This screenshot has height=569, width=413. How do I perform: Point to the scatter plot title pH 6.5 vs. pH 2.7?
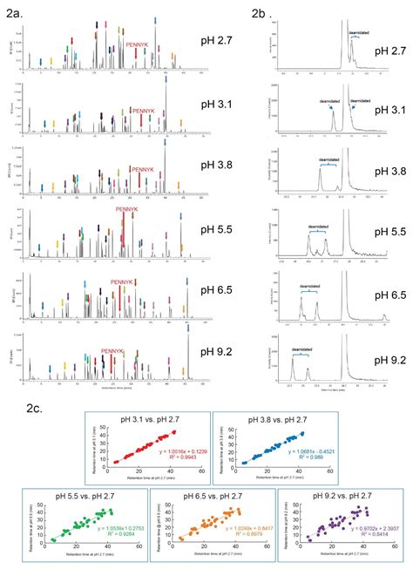tap(203, 495)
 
